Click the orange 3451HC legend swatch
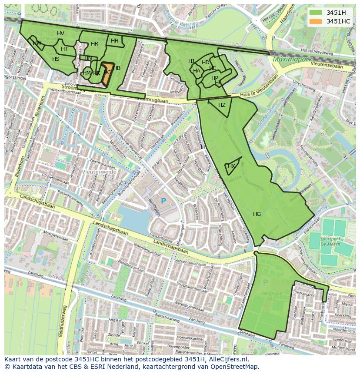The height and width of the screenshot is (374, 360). pos(316,21)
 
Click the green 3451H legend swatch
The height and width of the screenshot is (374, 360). pos(316,12)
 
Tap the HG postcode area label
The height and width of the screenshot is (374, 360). pos(257,214)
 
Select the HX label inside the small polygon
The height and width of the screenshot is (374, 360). pos(231,166)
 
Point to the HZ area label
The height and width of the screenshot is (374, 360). pos(222,105)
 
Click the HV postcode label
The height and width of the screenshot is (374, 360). pos(60,33)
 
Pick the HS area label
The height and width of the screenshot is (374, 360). pos(56,59)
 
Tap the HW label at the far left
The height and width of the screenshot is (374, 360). pos(37,43)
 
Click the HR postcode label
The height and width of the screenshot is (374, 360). pos(94,44)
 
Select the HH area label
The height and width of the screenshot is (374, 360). pos(115,41)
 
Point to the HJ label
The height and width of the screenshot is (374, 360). pos(191,61)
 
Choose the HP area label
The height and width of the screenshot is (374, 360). pos(215,78)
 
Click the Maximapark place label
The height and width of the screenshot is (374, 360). pos(290,59)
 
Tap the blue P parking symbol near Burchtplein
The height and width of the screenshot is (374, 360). pos(163,201)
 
